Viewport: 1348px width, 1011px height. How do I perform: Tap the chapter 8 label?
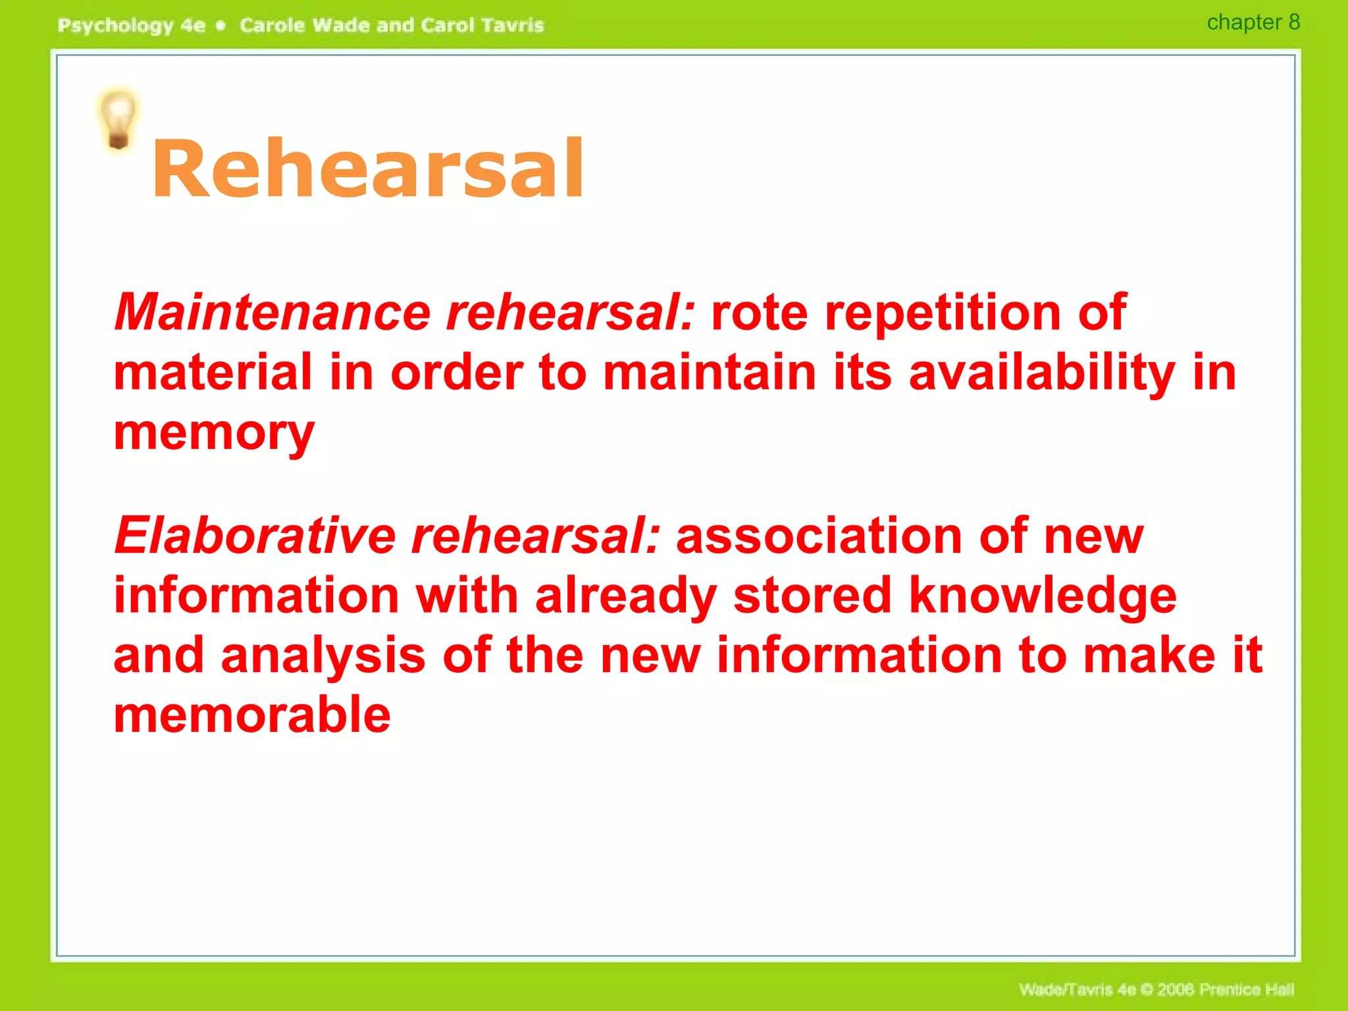(x=1253, y=22)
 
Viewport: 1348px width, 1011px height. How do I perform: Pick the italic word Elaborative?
(x=255, y=536)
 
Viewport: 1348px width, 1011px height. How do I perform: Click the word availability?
(x=1041, y=373)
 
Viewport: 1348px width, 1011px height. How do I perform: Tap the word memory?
(x=214, y=433)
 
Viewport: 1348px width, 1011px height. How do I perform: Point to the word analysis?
(x=323, y=655)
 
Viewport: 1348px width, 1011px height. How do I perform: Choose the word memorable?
(x=252, y=715)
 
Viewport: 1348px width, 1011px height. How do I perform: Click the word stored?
(x=812, y=595)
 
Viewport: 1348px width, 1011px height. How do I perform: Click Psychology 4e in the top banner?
(x=131, y=26)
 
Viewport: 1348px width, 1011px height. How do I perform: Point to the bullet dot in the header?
(x=221, y=26)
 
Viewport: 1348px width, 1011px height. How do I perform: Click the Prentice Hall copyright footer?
(x=1156, y=989)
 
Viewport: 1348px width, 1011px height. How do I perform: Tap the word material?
(x=213, y=373)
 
